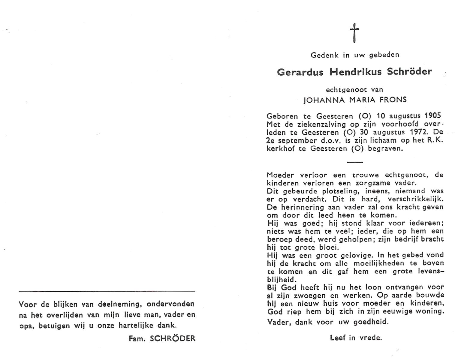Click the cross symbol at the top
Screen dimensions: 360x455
pyautogui.click(x=354, y=33)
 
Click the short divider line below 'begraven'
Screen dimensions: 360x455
pyautogui.click(x=354, y=162)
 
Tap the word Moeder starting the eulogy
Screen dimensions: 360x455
pyautogui.click(x=280, y=175)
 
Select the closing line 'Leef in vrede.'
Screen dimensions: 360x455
pyautogui.click(x=356, y=338)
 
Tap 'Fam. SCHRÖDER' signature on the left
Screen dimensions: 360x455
pyautogui.click(x=162, y=338)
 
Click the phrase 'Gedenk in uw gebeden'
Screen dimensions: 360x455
pyautogui.click(x=355, y=55)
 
